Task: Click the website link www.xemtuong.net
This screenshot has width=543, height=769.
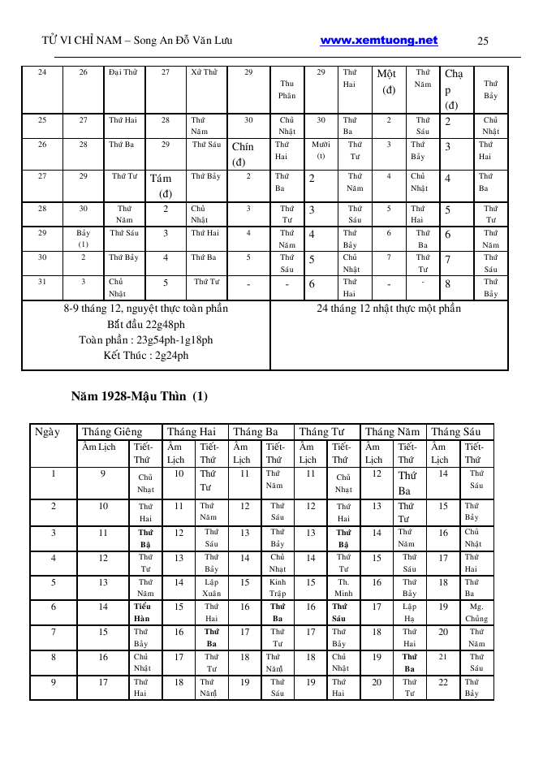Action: point(379,41)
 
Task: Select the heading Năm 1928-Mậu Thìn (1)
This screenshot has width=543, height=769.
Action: point(140,397)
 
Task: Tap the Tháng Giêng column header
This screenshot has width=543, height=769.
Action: point(112,432)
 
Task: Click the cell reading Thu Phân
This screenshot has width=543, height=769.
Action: point(287,89)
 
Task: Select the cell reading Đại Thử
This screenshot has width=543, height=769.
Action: point(123,73)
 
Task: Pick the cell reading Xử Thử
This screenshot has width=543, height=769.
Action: point(205,73)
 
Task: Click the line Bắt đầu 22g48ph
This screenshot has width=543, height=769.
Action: point(146,324)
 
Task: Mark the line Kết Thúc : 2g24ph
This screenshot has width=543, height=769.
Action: point(146,356)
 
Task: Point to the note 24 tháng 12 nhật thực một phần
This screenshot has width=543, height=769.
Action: point(389,309)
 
